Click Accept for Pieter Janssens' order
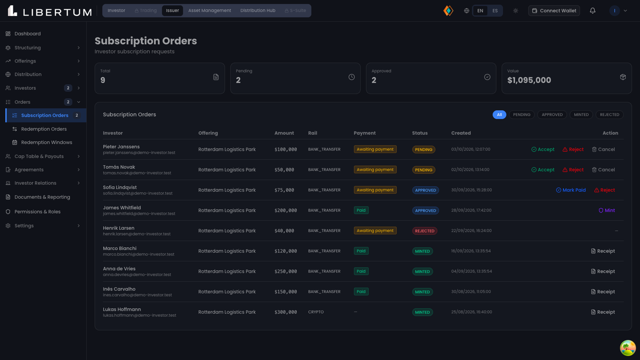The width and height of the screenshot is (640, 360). click(543, 149)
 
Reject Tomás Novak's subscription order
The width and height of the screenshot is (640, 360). click(573, 170)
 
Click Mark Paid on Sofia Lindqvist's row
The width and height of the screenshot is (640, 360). click(571, 190)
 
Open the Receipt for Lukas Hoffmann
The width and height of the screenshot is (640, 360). click(603, 312)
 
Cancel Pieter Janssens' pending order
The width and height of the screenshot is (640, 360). click(603, 149)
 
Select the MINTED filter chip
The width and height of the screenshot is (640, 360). click(581, 115)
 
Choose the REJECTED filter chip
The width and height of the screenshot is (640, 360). click(609, 115)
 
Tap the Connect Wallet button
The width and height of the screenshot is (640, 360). click(554, 11)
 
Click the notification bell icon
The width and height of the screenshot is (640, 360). click(592, 11)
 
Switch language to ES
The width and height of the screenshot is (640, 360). click(495, 11)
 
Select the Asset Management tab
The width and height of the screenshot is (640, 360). click(209, 11)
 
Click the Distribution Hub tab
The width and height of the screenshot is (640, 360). click(258, 11)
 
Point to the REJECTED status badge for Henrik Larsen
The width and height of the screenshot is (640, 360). click(424, 231)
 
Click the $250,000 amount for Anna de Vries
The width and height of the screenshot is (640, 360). click(286, 272)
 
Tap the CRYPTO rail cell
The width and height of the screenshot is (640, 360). click(316, 312)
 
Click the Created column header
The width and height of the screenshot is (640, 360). click(461, 133)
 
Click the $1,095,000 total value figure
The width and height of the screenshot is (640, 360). click(529, 80)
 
